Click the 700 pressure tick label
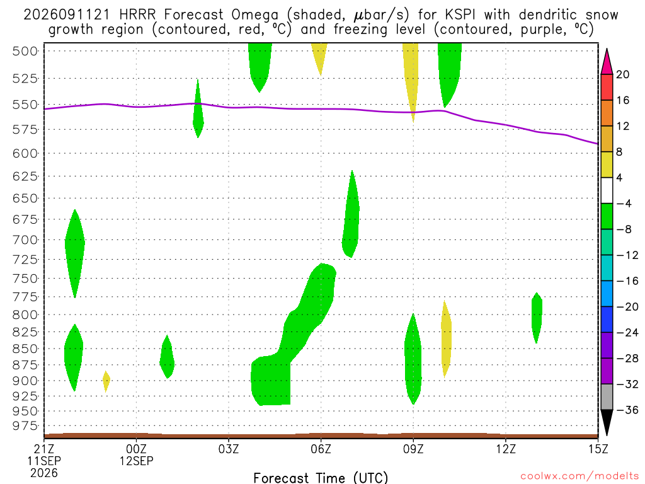(25, 240)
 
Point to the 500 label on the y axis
(25, 52)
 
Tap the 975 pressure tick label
(25, 426)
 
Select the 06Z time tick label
(321, 449)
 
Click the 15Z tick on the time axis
(598, 449)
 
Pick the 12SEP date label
(137, 461)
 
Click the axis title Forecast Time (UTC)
(321, 478)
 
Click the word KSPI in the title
(460, 15)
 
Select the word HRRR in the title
(137, 15)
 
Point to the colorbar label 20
(622, 74)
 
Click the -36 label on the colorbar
(627, 410)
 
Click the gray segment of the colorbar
(607, 397)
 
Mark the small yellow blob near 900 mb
(106, 381)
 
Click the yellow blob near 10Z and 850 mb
(446, 339)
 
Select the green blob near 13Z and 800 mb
(537, 318)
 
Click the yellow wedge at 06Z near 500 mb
(319, 56)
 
